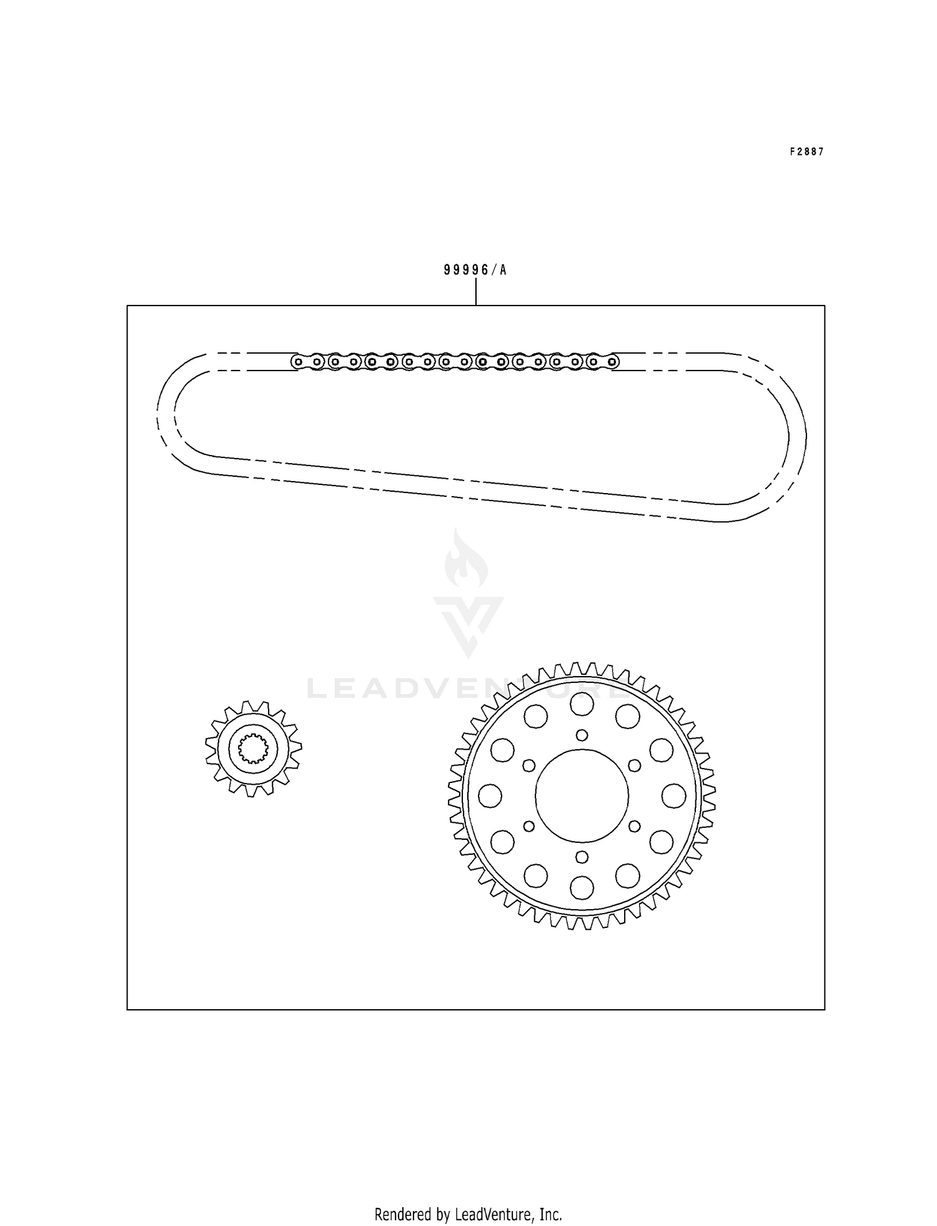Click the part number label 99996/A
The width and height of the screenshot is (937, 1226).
click(x=475, y=270)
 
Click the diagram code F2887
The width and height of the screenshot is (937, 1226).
click(x=806, y=152)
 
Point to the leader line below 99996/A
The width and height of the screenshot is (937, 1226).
click(x=476, y=292)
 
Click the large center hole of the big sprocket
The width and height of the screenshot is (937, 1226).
click(x=582, y=795)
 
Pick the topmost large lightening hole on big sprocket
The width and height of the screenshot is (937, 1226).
click(x=582, y=704)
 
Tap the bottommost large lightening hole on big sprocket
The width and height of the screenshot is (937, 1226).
click(x=582, y=887)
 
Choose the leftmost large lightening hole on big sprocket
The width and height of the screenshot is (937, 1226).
click(x=490, y=795)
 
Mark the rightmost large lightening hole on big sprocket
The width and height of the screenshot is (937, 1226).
click(x=673, y=795)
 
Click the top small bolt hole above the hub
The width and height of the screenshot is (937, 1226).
click(x=582, y=735)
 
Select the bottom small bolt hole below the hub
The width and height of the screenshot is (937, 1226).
click(x=582, y=856)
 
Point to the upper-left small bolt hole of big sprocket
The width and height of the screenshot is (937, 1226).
click(x=529, y=765)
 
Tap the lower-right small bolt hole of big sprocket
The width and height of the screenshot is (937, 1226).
click(x=634, y=826)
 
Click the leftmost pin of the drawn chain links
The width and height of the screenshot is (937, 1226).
click(x=298, y=361)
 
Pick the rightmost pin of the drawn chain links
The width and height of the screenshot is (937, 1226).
click(x=612, y=361)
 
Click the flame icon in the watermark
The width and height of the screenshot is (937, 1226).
click(x=466, y=558)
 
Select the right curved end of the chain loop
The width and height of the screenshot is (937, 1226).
click(x=796, y=437)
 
